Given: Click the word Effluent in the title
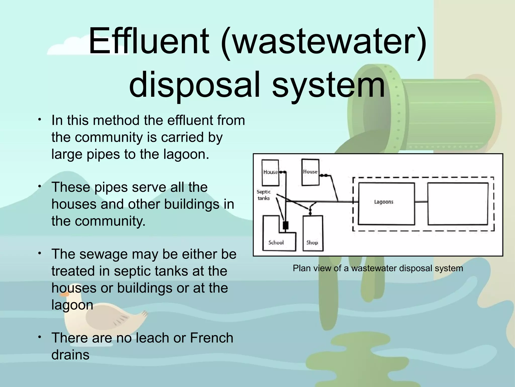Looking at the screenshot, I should [149, 42].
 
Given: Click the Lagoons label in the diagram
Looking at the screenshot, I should [383, 202].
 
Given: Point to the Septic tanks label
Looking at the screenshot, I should [264, 195].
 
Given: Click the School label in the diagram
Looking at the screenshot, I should [276, 243].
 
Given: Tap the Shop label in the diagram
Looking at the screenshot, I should [312, 243].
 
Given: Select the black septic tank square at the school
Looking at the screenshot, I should [285, 225].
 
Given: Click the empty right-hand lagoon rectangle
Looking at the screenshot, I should [458, 204].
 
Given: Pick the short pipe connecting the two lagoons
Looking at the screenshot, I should [421, 202].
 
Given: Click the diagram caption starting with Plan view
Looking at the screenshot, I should [378, 268].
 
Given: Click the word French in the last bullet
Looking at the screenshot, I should [211, 338].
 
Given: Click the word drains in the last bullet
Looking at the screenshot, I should [70, 355].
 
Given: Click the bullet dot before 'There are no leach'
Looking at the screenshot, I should [39, 337].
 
